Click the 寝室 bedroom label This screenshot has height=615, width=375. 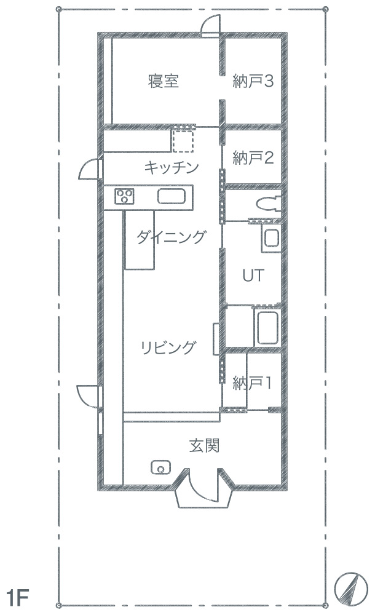tap(163, 81)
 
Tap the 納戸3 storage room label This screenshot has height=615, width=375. tap(253, 81)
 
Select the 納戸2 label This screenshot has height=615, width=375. tap(253, 157)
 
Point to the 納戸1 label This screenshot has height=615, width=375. tap(252, 383)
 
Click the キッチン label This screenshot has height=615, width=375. tap(172, 168)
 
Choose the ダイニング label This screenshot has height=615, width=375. tap(171, 237)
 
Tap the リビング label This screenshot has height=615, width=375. tap(168, 347)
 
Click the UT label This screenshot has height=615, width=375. tap(253, 276)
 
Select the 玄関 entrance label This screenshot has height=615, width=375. tap(204, 445)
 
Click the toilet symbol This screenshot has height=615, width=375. tap(269, 203)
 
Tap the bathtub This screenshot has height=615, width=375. tap(267, 328)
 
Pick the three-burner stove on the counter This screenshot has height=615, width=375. tap(124, 196)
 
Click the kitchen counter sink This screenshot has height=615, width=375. tap(172, 196)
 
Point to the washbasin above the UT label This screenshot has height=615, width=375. tap(272, 238)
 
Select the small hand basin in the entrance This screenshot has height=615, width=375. tap(160, 467)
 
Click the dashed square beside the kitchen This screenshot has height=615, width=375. tap(183, 140)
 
